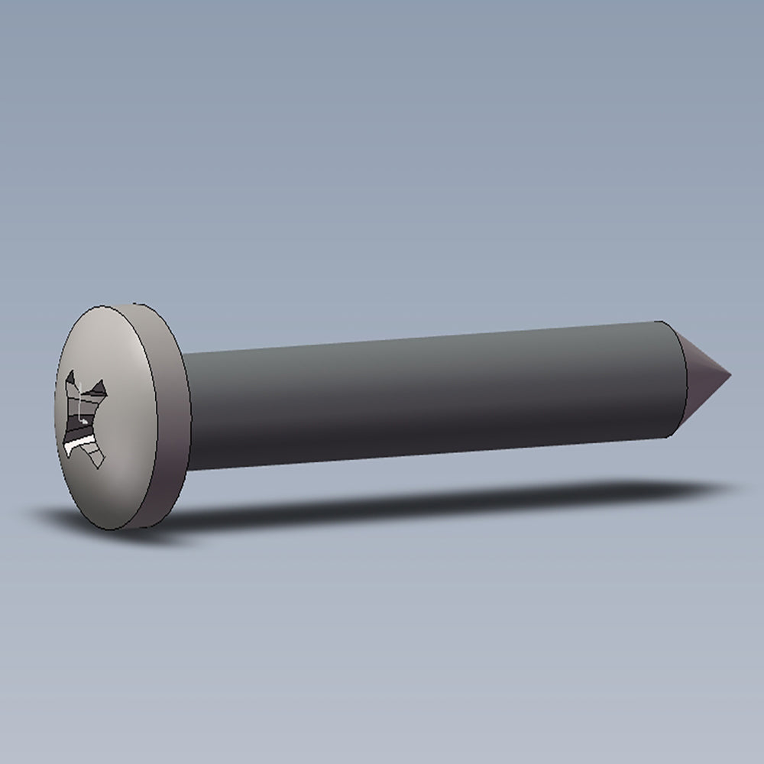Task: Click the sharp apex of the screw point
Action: pyautogui.click(x=730, y=376)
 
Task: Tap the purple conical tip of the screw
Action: pyautogui.click(x=703, y=378)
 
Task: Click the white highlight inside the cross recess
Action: pyautogui.click(x=76, y=442)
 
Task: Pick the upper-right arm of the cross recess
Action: pyautogui.click(x=99, y=389)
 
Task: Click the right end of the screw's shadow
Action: pyautogui.click(x=718, y=487)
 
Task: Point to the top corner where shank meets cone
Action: pyautogui.click(x=662, y=322)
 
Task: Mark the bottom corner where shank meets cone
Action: pyautogui.click(x=671, y=436)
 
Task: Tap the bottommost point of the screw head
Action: pyautogui.click(x=122, y=529)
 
